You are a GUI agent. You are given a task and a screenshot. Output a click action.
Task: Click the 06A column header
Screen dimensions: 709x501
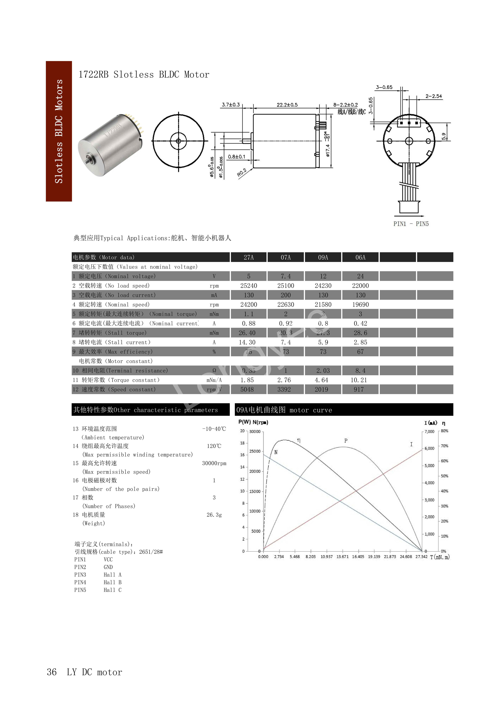tap(360, 257)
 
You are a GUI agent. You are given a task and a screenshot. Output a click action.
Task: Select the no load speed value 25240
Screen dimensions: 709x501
tap(249, 286)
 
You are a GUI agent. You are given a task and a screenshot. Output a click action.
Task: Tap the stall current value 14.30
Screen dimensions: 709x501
tap(247, 342)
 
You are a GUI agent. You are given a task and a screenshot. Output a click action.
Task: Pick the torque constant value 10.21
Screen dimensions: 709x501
tap(359, 380)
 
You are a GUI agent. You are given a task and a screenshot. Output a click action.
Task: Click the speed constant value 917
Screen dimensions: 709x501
tap(359, 389)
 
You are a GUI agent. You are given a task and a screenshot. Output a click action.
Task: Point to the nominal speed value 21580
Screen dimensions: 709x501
tap(323, 304)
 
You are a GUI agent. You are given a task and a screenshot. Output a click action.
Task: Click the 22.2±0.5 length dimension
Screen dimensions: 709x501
tap(287, 105)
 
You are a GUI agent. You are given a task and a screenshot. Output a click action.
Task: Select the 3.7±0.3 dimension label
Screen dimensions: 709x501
tap(231, 105)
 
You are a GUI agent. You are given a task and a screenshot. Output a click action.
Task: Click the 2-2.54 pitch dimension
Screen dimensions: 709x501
tap(433, 96)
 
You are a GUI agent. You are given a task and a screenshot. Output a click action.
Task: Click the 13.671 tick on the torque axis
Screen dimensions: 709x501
tap(342, 556)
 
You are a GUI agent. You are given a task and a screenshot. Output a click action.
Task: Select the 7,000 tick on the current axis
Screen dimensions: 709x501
tap(429, 431)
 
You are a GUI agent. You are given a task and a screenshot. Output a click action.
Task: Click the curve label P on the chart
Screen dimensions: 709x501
tap(346, 441)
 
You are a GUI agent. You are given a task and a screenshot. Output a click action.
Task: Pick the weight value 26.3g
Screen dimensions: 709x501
tap(214, 515)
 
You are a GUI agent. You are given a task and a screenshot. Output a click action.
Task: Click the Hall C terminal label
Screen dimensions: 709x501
tap(113, 590)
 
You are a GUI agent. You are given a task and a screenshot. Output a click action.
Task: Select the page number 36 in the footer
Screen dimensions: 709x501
tap(52, 672)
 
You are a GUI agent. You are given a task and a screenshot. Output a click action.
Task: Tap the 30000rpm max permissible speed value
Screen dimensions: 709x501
tap(214, 463)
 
